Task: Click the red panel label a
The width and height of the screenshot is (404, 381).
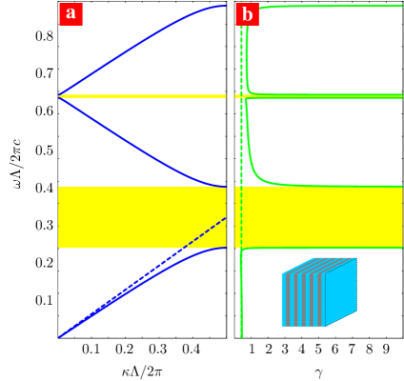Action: point(71,13)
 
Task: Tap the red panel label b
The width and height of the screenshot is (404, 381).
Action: point(247,13)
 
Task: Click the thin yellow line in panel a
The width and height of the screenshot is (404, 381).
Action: point(143,96)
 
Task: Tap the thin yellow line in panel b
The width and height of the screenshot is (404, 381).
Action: point(324,96)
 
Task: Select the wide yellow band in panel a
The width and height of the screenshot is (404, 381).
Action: point(143,216)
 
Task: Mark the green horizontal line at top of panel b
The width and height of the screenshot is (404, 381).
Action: point(324,7)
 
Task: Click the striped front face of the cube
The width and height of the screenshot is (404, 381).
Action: point(302,300)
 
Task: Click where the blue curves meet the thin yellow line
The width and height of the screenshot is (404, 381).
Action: point(59,96)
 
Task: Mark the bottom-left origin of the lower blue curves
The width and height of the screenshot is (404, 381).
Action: point(60,336)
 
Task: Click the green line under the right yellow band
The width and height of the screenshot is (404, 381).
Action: point(324,248)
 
